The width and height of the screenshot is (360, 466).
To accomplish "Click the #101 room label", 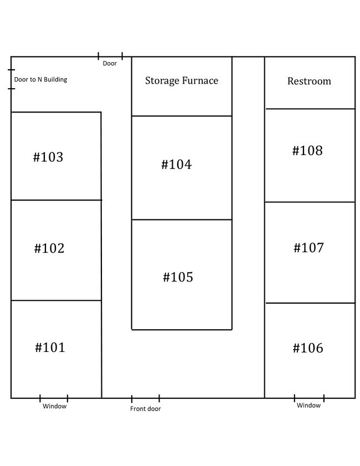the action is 50,347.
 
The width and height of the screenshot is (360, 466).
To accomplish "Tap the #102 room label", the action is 49,248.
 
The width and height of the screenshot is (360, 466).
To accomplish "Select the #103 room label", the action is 48,157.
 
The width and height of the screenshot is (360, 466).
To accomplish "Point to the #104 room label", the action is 177,165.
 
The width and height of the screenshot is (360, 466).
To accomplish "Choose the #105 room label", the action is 178,277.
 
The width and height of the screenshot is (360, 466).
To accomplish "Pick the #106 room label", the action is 308,348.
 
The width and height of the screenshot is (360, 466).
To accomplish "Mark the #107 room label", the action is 308,248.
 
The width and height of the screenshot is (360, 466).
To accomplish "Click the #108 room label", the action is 307,150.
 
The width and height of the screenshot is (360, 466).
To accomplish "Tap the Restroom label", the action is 309,81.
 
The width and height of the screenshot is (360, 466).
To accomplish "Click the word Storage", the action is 162,81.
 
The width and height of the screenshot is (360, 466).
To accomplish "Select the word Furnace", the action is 200,80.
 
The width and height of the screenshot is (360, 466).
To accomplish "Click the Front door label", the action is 145,408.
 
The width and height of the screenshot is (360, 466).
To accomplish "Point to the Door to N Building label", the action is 40,80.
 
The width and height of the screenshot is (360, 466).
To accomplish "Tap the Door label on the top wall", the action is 110,63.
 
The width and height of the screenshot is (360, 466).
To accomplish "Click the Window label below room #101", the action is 55,406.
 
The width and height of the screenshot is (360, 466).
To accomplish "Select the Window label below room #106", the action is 308,405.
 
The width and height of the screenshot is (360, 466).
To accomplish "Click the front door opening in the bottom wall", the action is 146,398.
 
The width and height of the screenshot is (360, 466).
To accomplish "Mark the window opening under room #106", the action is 309,398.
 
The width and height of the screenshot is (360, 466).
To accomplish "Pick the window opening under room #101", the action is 54,398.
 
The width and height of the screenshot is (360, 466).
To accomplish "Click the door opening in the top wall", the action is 110,56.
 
